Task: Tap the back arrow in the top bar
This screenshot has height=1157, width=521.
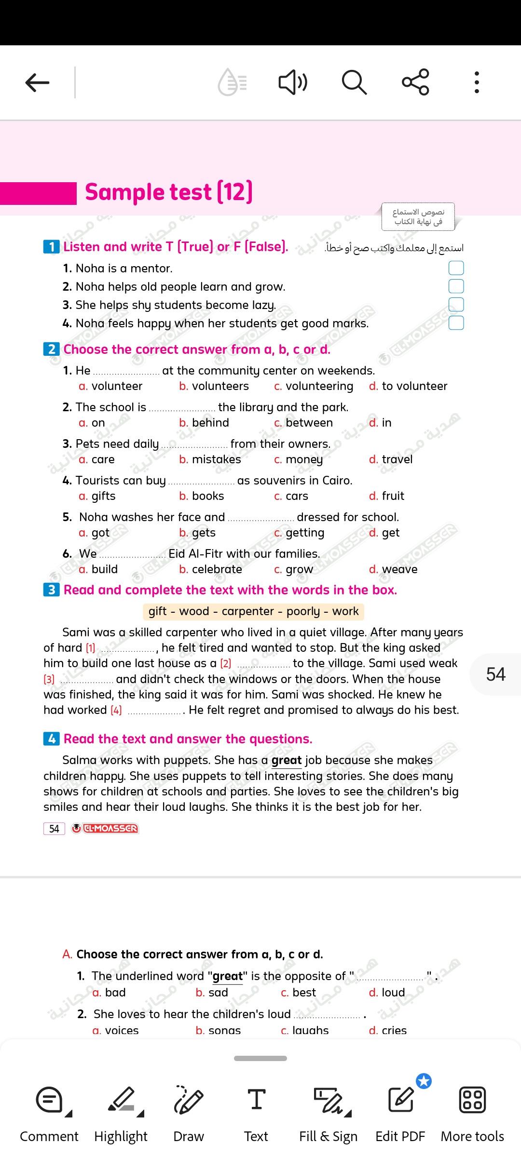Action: [x=37, y=82]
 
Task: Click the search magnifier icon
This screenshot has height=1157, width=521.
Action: [x=354, y=82]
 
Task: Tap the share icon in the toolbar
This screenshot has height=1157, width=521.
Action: [x=415, y=82]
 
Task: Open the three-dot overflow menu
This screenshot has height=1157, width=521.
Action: [x=477, y=82]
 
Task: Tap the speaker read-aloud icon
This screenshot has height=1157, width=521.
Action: [x=293, y=82]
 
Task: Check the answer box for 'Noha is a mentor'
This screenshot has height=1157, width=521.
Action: [x=456, y=268]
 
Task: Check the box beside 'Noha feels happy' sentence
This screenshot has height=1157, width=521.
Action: [x=456, y=323]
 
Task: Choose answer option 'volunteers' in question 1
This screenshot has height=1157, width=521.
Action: [x=220, y=386]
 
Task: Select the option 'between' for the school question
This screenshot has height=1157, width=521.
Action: [x=309, y=423]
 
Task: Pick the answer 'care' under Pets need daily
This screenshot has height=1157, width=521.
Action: [x=103, y=459]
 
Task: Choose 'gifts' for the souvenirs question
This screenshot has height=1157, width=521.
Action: [x=103, y=496]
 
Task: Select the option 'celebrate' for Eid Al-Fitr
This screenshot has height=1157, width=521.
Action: [x=217, y=569]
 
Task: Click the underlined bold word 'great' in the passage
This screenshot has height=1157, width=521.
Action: [x=287, y=760]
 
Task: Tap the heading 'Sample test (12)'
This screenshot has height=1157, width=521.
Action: [x=169, y=192]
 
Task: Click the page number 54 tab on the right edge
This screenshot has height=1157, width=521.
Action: [x=496, y=674]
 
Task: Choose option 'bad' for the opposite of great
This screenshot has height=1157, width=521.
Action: [x=115, y=993]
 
